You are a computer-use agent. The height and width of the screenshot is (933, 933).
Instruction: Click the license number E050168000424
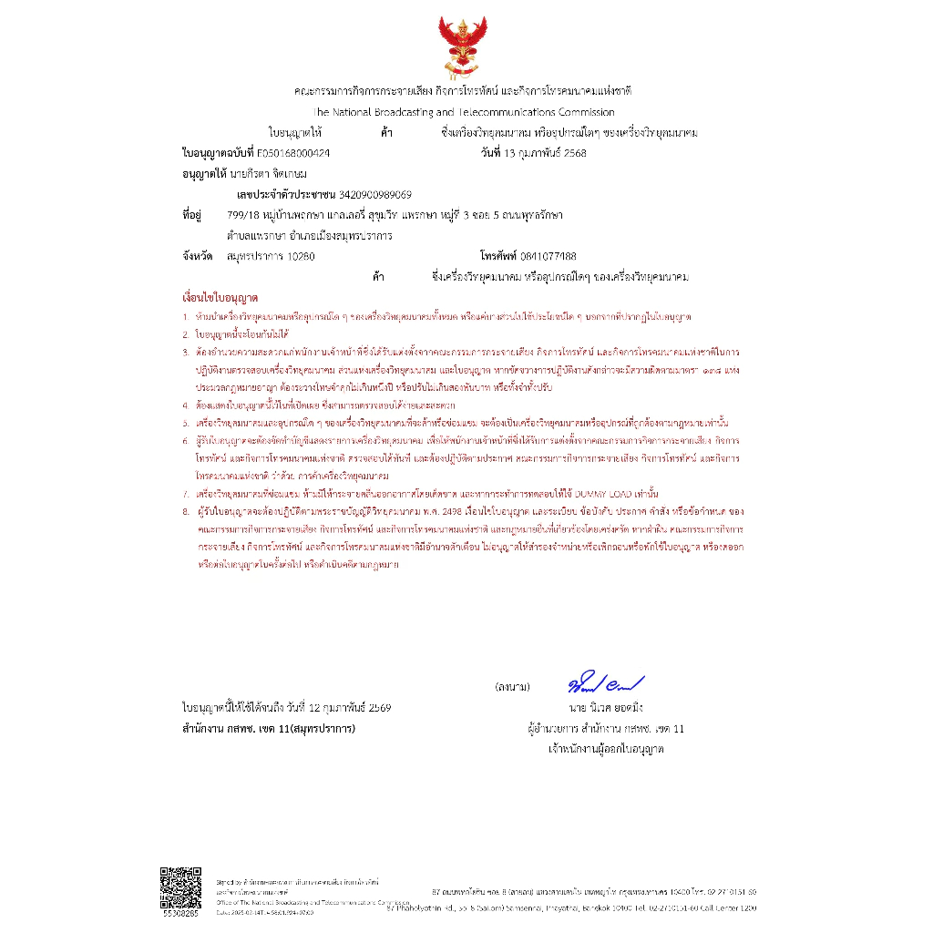tap(293, 153)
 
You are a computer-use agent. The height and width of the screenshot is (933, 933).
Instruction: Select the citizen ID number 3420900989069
tap(375, 194)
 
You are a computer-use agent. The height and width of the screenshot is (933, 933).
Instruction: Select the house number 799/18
tap(243, 215)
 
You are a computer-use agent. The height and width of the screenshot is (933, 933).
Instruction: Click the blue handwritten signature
tap(606, 682)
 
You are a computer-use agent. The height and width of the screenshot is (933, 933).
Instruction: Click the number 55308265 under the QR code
tap(180, 911)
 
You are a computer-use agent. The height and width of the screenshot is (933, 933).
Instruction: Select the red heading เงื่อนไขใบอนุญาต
tap(220, 298)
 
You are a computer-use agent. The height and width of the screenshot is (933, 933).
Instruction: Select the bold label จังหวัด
tap(198, 256)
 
